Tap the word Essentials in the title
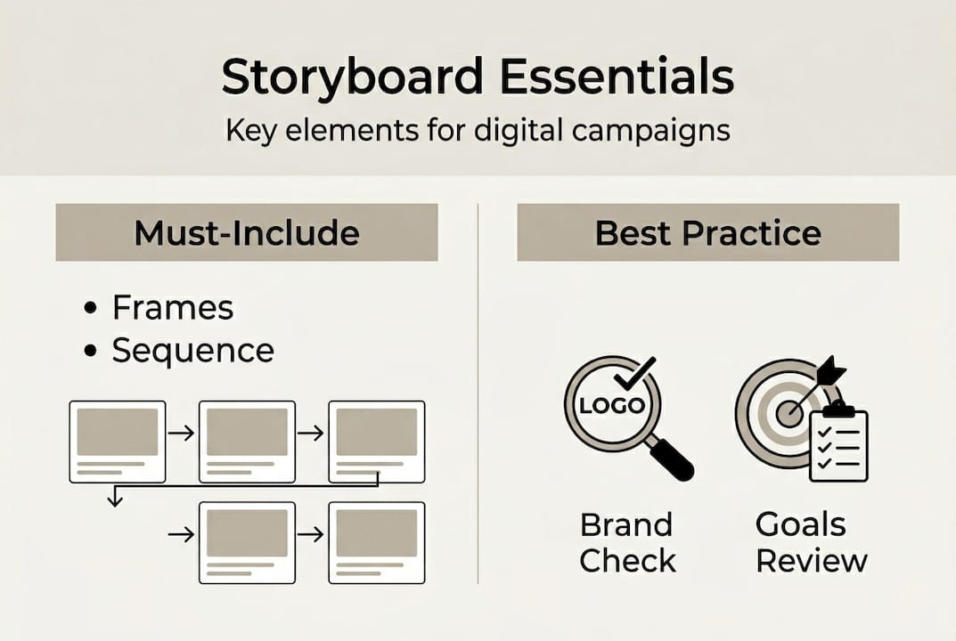(617, 77)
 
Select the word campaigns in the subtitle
(651, 130)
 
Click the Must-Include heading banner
(247, 232)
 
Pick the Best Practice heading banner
(707, 232)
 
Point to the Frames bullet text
(172, 308)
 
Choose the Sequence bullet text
(192, 351)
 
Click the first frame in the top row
(118, 442)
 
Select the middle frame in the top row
(247, 442)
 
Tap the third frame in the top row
(376, 442)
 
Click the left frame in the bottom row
(247, 542)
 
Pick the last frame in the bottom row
(376, 542)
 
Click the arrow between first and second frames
(182, 434)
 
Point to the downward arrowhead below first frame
(114, 502)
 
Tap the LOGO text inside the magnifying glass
(611, 405)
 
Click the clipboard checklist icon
(838, 442)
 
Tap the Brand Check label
(627, 543)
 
